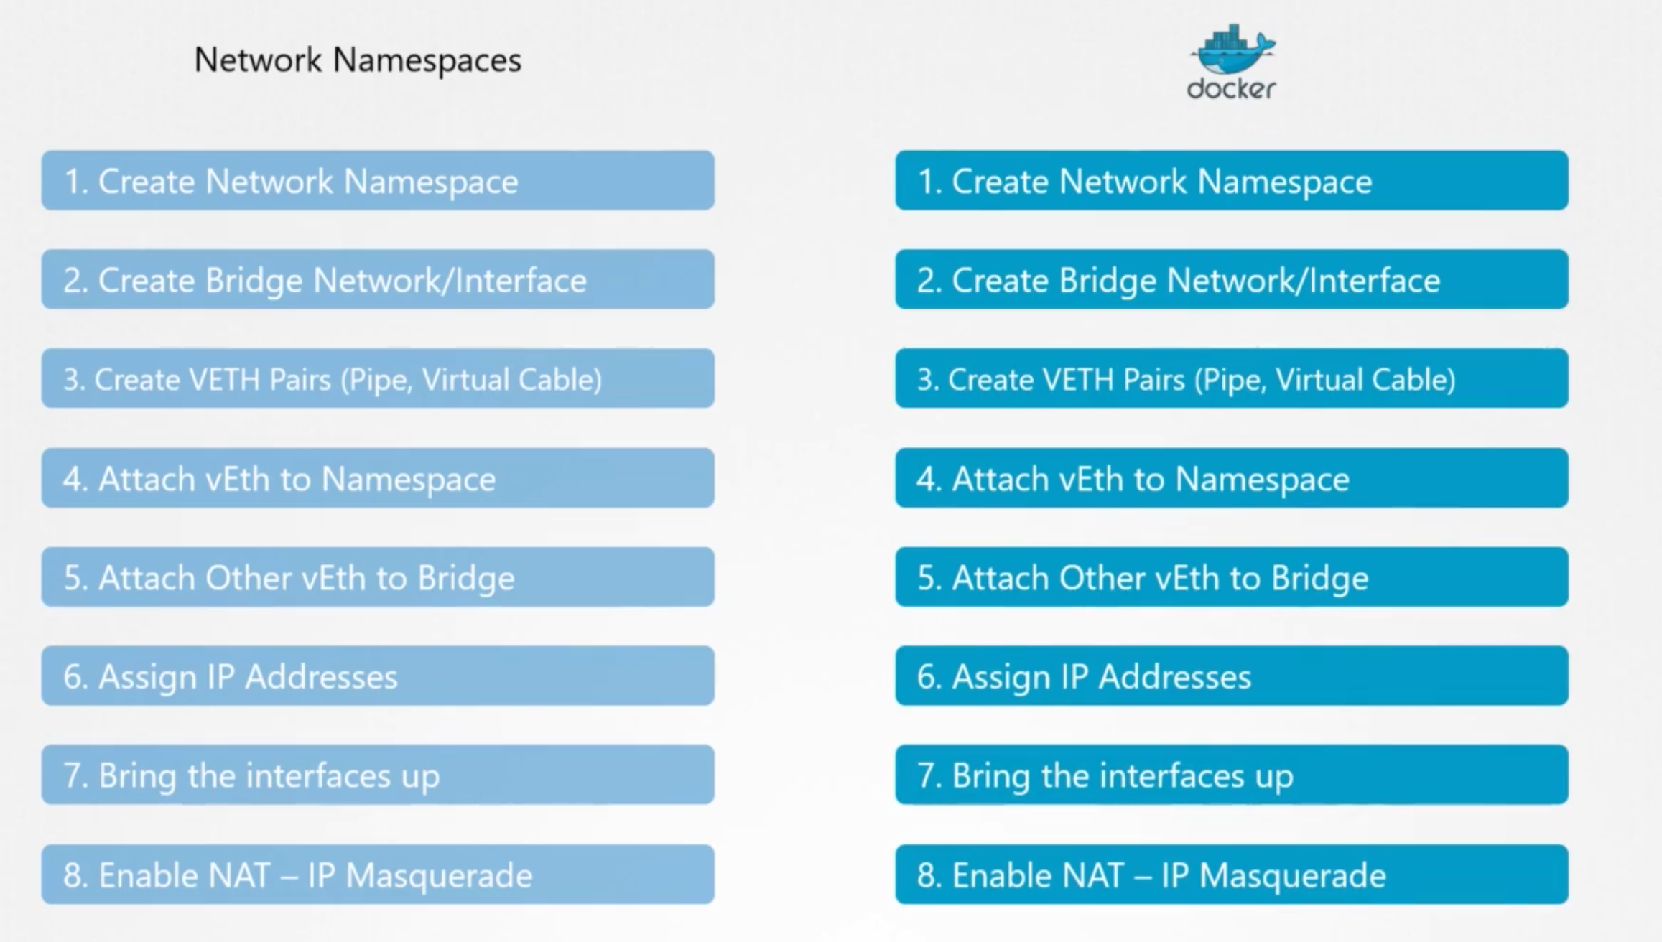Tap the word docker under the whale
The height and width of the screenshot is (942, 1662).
1231,89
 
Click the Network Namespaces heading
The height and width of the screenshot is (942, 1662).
358,60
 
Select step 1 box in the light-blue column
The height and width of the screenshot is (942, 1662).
378,181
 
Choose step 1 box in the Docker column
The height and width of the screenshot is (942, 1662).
1231,181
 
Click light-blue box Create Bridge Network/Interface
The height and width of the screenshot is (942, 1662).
378,280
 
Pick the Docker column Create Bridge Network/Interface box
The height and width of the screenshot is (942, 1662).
1231,280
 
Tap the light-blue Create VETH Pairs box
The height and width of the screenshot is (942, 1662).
378,379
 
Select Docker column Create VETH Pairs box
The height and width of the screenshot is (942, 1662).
1231,379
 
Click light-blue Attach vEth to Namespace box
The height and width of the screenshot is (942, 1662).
378,478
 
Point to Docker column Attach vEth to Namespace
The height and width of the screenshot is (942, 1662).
1231,478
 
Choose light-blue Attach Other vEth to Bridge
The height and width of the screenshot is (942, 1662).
378,577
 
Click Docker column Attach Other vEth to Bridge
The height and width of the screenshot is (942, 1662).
1231,577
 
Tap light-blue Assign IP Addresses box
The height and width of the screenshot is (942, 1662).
378,676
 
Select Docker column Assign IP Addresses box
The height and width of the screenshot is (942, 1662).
1231,676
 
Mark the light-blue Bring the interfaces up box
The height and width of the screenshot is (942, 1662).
378,775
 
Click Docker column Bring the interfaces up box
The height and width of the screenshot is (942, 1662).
1231,775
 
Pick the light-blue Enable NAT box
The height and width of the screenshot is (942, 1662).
378,875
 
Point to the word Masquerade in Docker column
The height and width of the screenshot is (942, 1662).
1292,876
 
